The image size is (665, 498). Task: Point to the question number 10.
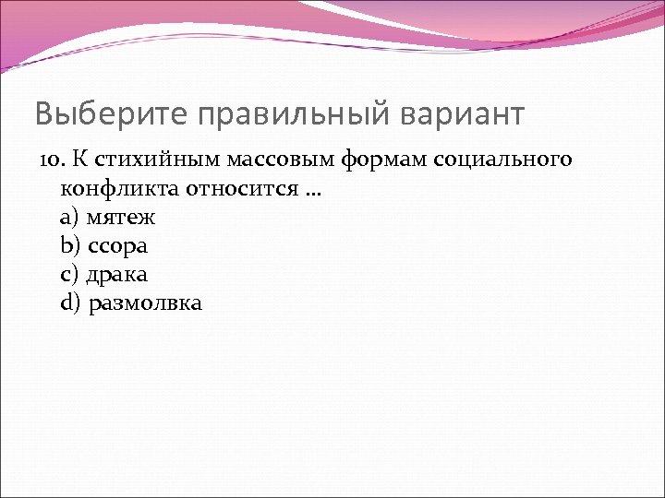click(49, 160)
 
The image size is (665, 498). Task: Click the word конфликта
click(117, 190)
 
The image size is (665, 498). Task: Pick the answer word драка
click(117, 275)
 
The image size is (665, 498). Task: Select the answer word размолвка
click(146, 303)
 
